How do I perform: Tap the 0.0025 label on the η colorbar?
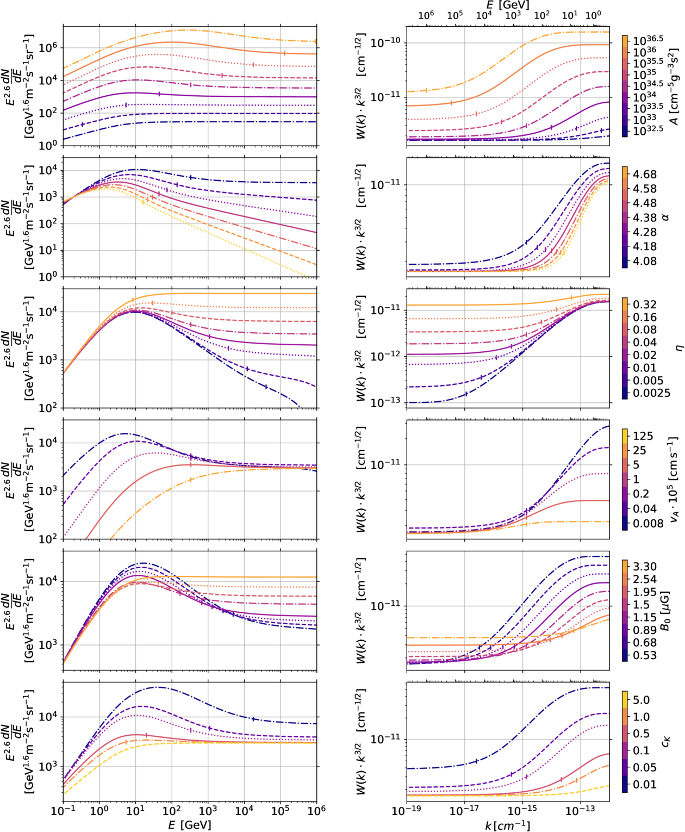[651, 393]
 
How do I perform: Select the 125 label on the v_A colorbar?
[643, 436]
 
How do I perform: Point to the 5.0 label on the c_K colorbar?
[641, 700]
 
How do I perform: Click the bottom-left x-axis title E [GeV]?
[189, 825]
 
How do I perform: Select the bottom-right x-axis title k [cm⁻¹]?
[507, 826]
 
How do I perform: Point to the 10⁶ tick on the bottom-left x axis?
[316, 810]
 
